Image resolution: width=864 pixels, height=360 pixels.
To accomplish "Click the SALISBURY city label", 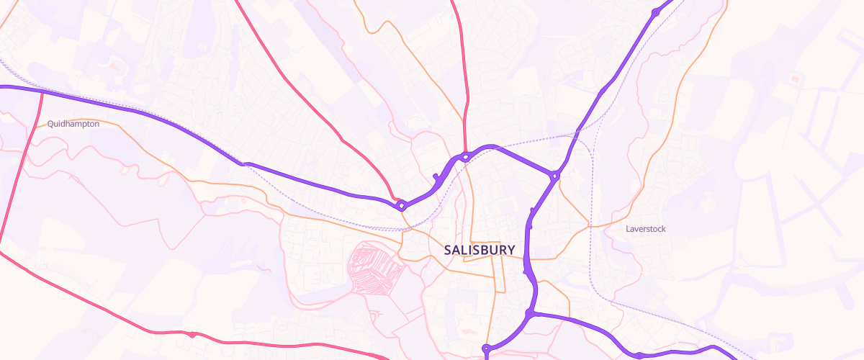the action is pyautogui.click(x=480, y=251).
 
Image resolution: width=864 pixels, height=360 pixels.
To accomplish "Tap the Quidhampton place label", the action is pyautogui.click(x=73, y=124).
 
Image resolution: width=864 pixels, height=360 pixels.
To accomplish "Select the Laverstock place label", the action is pyautogui.click(x=646, y=229).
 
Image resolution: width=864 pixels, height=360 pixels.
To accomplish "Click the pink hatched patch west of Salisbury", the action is pyautogui.click(x=374, y=268).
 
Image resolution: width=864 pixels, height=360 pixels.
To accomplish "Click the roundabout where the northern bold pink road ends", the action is pyautogui.click(x=467, y=156).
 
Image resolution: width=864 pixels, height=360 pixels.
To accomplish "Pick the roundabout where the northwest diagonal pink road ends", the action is pyautogui.click(x=402, y=206).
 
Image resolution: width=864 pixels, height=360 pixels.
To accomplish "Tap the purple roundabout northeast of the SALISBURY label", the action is pyautogui.click(x=554, y=176).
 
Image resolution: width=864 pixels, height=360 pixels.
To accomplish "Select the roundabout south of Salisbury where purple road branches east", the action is pyautogui.click(x=530, y=313).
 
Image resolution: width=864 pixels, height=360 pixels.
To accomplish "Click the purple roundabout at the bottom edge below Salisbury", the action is pyautogui.click(x=486, y=349).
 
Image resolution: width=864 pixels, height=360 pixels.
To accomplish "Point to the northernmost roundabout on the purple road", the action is pyautogui.click(x=655, y=13).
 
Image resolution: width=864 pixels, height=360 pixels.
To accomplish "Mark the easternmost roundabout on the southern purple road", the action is pyautogui.click(x=639, y=354).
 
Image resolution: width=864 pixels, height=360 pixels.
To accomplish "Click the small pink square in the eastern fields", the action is pyautogui.click(x=795, y=78).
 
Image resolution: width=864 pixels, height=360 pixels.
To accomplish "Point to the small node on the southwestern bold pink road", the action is pyautogui.click(x=192, y=334).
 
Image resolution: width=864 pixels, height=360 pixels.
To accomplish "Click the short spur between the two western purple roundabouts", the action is pyautogui.click(x=436, y=177).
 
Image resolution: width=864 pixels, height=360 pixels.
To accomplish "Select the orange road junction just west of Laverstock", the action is pyautogui.click(x=590, y=227).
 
